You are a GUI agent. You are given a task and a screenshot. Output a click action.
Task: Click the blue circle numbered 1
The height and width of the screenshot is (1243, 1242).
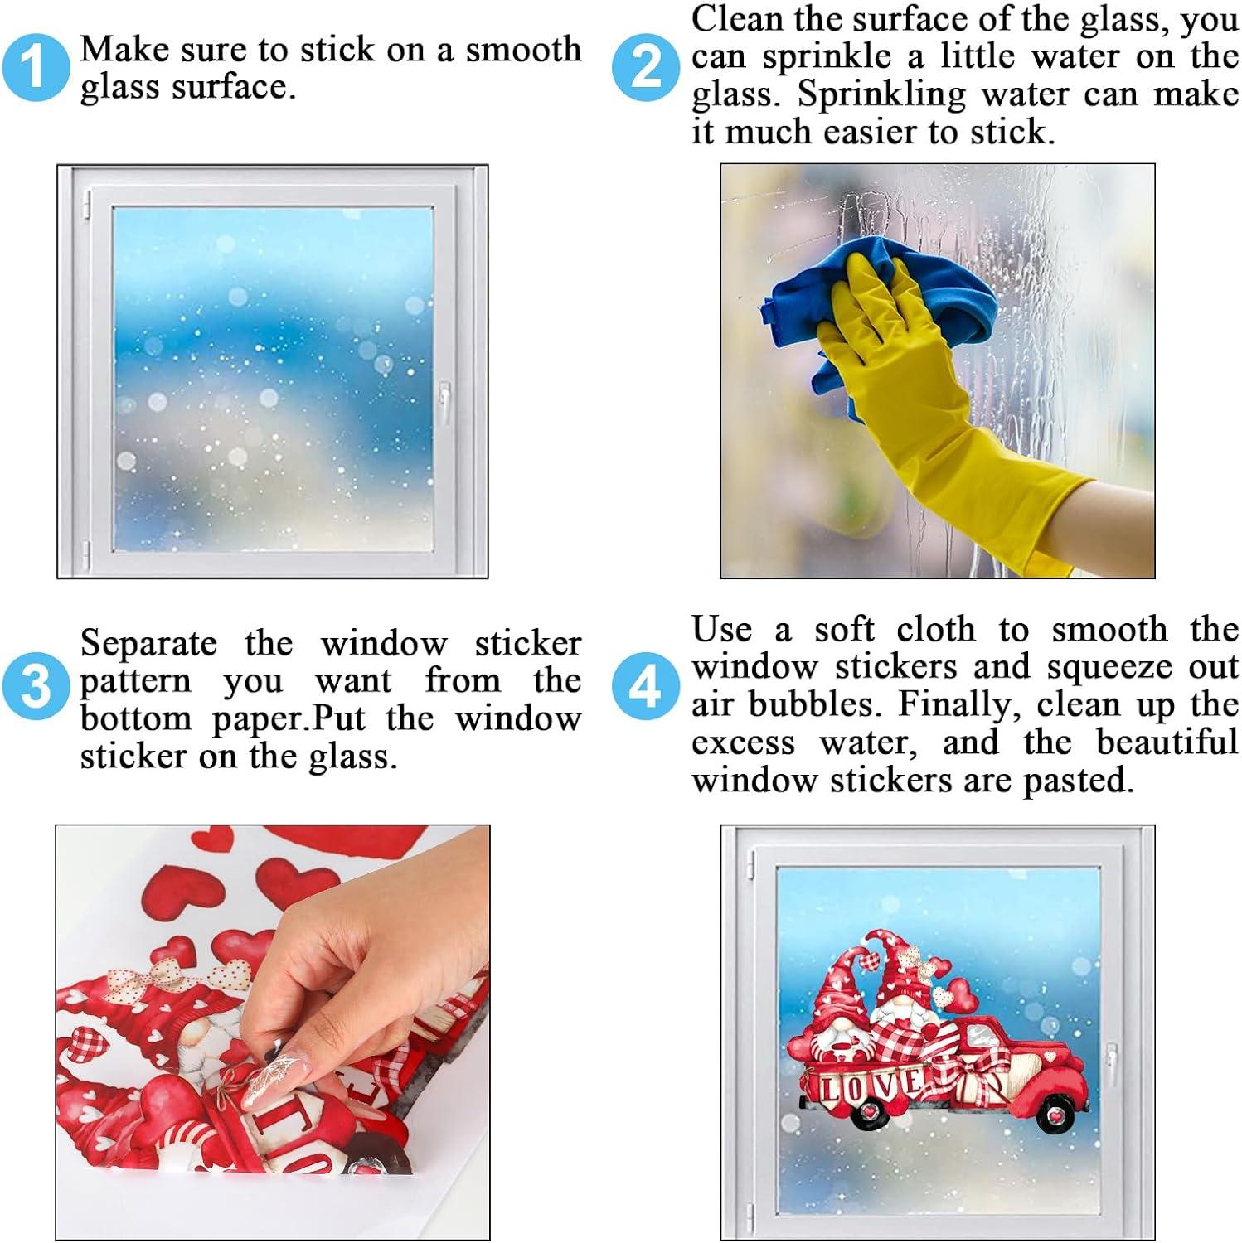(x=34, y=67)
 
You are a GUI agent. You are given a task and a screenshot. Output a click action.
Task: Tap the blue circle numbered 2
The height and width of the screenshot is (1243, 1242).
(x=645, y=67)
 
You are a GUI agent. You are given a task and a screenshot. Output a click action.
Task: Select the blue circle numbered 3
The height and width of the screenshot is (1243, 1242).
(x=34, y=687)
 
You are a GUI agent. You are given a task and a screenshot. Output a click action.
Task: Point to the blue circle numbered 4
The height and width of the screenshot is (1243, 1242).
(x=645, y=687)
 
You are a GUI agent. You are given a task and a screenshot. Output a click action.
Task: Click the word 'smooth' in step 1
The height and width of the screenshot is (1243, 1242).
(x=523, y=50)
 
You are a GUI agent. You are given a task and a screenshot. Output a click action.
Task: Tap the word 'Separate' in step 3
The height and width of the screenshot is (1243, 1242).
(x=148, y=644)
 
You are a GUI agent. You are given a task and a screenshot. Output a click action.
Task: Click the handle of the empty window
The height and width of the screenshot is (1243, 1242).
(x=445, y=404)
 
